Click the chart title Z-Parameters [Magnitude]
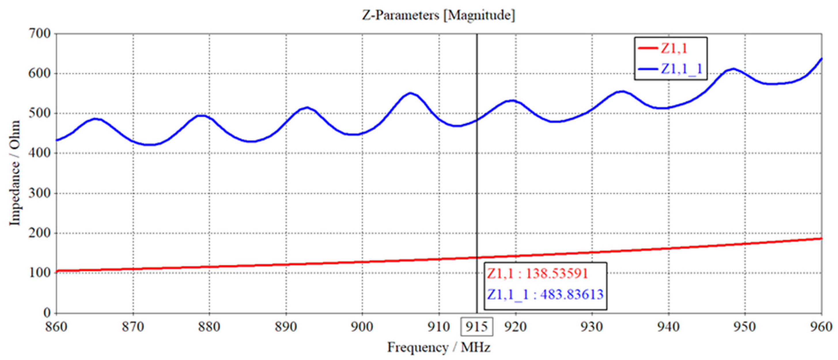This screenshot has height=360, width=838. pyautogui.click(x=438, y=15)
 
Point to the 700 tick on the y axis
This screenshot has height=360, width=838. pyautogui.click(x=40, y=33)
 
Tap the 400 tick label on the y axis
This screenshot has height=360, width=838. pyautogui.click(x=40, y=153)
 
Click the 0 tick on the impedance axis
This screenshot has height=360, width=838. pyautogui.click(x=47, y=313)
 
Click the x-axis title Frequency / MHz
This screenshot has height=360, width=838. pyautogui.click(x=438, y=348)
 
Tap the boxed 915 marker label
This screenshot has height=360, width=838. pyautogui.click(x=476, y=327)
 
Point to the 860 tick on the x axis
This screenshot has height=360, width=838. pyautogui.click(x=56, y=327)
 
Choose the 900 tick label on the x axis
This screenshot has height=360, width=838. pyautogui.click(x=362, y=327)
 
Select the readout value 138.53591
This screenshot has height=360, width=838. pyautogui.click(x=557, y=274)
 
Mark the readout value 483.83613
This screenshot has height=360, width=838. pyautogui.click(x=572, y=295)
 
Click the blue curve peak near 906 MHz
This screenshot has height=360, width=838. pyautogui.click(x=410, y=93)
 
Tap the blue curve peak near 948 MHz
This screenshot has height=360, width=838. pyautogui.click(x=733, y=69)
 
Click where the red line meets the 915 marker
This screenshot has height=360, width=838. pyautogui.click(x=477, y=258)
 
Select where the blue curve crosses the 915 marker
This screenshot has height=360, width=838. pyautogui.click(x=477, y=120)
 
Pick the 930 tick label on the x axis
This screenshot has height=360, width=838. pyautogui.click(x=592, y=327)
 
